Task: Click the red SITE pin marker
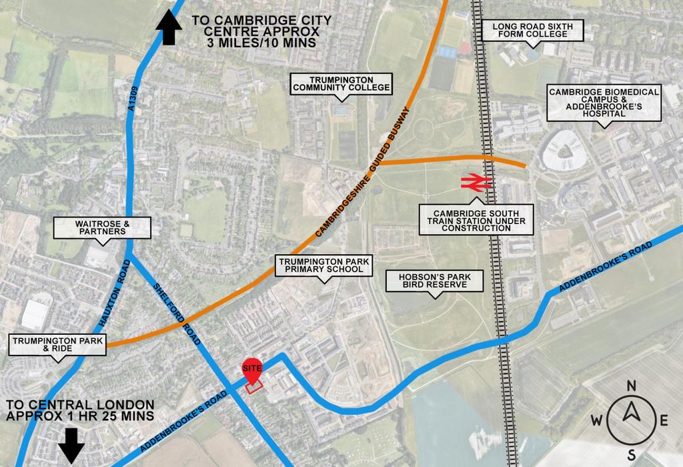pyautogui.click(x=251, y=370)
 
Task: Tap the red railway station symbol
pyautogui.click(x=475, y=182)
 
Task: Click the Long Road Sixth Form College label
pyautogui.click(x=532, y=29)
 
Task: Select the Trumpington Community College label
pyautogui.click(x=341, y=83)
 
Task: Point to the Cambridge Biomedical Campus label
pyautogui.click(x=604, y=102)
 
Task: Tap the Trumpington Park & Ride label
pyautogui.click(x=59, y=344)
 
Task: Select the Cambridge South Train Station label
pyautogui.click(x=476, y=219)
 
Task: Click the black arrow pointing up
pyautogui.click(x=169, y=29)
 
